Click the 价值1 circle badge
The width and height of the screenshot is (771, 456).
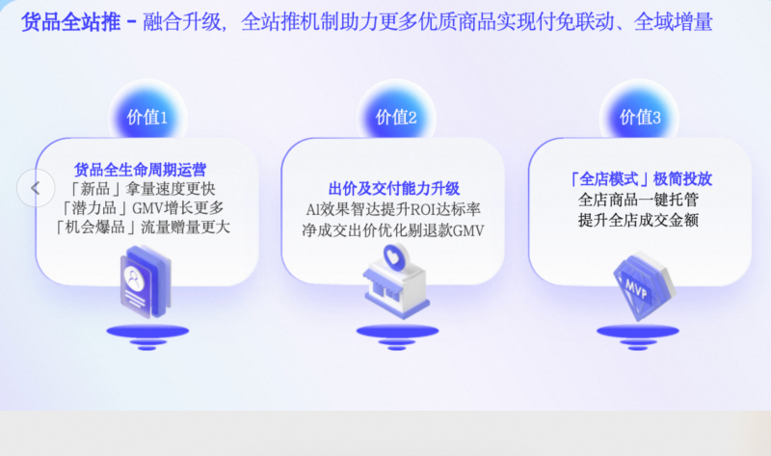click(x=147, y=116)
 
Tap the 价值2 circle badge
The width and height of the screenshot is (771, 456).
click(x=396, y=116)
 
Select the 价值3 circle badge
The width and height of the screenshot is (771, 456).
click(x=640, y=116)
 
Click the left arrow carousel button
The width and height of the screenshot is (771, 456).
click(x=36, y=188)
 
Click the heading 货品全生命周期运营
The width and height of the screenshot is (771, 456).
click(x=140, y=170)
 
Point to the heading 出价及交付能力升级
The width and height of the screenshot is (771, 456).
click(x=394, y=188)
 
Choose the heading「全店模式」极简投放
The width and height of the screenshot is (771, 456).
click(x=640, y=179)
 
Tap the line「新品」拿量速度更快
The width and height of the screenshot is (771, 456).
click(x=142, y=188)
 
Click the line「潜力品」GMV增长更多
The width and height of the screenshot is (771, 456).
click(x=142, y=207)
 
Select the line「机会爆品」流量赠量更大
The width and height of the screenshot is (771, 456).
click(x=142, y=227)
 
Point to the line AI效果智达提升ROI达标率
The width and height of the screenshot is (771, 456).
click(x=393, y=209)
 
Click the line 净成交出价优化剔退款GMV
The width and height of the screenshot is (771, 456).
click(x=393, y=230)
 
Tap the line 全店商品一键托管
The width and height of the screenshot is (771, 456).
click(x=638, y=200)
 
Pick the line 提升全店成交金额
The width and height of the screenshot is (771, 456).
click(x=638, y=220)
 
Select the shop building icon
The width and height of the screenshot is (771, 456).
click(x=396, y=291)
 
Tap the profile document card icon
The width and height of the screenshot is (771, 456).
click(x=146, y=282)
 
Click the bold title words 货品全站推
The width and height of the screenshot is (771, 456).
click(x=70, y=22)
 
